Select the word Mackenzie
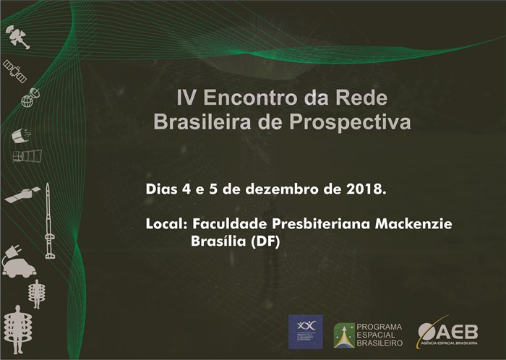(x=413, y=224)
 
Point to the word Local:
(x=166, y=224)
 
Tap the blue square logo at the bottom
(x=306, y=332)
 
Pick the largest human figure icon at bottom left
(x=15, y=327)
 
